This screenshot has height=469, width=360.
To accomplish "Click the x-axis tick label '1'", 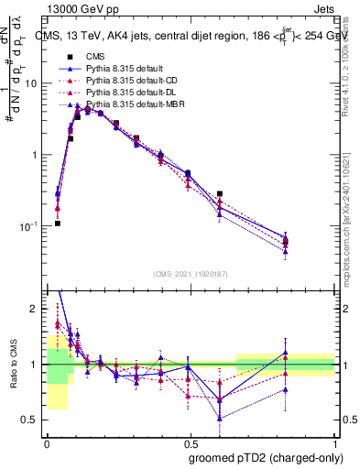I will click(x=334, y=441).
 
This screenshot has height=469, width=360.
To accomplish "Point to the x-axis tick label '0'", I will click(x=47, y=441).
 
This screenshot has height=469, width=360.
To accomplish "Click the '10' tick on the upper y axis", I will click(x=31, y=83).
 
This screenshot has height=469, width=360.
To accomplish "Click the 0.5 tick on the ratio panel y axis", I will click(x=32, y=420).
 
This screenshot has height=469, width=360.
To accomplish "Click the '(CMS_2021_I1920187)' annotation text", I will click(x=191, y=275).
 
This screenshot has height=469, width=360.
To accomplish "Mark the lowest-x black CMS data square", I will click(x=57, y=223).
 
